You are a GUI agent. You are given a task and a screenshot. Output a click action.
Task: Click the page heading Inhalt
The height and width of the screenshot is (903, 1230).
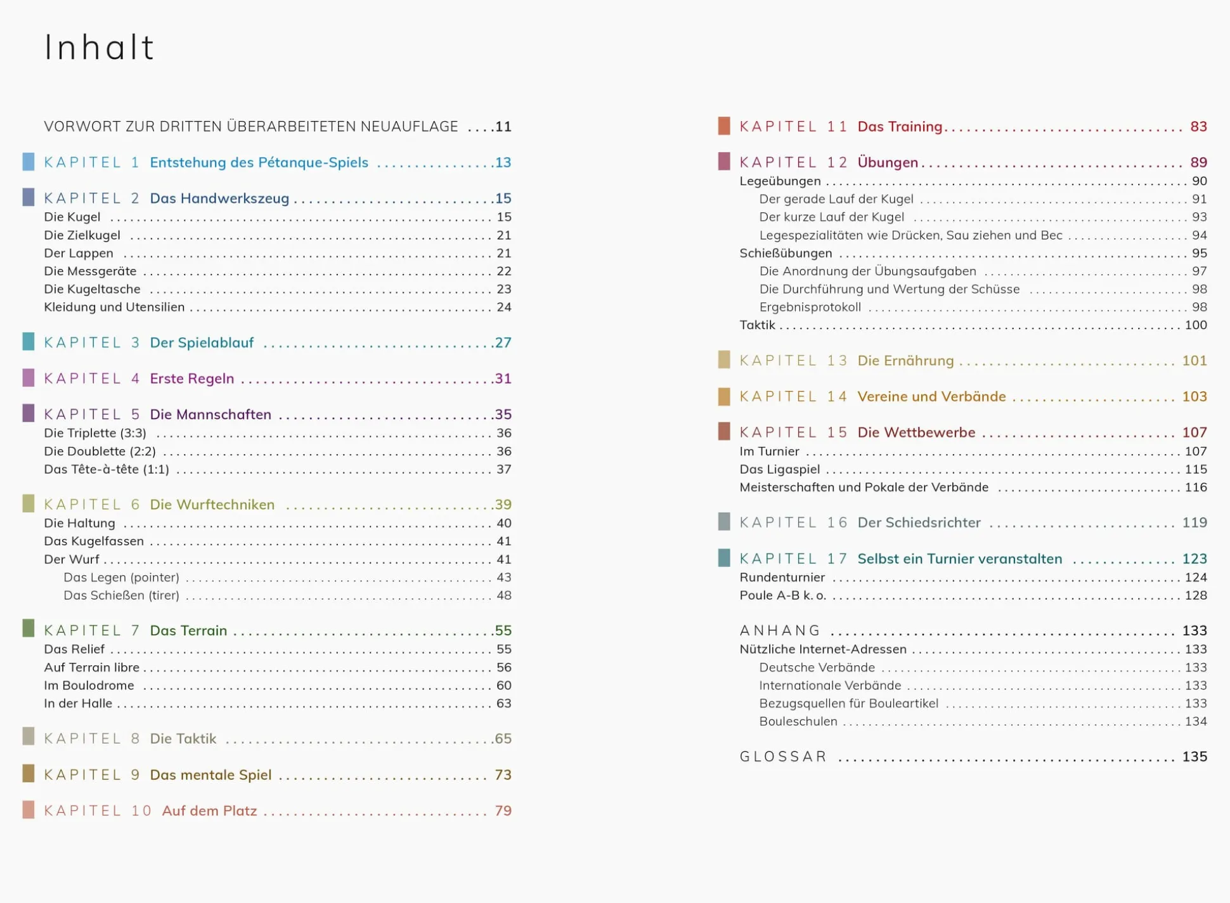click(100, 48)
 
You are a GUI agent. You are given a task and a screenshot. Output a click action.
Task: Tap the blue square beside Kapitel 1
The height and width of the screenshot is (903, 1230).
click(29, 162)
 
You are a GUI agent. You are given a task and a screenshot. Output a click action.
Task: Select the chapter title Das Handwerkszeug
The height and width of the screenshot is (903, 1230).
click(219, 198)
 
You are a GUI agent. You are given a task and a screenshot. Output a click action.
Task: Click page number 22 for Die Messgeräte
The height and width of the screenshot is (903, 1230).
click(503, 271)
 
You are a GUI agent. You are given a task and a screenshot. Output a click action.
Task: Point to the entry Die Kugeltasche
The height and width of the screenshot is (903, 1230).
click(92, 289)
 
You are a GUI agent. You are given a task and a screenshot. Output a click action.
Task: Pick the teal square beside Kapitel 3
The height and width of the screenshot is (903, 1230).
click(29, 342)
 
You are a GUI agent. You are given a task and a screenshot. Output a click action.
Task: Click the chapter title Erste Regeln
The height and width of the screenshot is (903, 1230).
click(192, 379)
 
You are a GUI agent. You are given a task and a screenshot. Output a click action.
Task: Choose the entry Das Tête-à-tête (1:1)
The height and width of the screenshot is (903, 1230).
click(107, 469)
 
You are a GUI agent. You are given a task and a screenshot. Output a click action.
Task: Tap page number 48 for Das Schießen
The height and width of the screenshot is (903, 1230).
click(503, 595)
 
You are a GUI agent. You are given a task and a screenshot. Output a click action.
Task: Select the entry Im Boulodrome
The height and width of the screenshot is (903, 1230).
click(89, 685)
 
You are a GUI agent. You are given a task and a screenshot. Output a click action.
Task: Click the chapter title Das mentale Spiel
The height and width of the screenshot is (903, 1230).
click(210, 775)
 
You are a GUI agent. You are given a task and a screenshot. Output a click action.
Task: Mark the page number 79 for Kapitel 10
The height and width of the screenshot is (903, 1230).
click(503, 811)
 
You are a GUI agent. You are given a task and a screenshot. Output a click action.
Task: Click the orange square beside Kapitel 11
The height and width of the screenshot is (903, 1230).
click(724, 126)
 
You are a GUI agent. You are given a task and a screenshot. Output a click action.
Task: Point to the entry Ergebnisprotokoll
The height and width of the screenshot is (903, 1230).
click(810, 308)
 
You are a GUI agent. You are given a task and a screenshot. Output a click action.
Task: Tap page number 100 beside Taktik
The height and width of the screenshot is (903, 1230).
click(1195, 325)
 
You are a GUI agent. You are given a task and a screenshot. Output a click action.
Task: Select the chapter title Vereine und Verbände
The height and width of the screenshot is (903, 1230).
click(931, 397)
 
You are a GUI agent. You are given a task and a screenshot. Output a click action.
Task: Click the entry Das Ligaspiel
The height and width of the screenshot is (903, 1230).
click(779, 470)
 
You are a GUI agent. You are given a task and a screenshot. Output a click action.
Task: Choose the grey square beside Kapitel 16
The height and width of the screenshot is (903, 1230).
click(724, 522)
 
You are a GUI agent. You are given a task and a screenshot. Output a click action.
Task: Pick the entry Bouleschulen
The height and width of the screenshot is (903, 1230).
click(798, 722)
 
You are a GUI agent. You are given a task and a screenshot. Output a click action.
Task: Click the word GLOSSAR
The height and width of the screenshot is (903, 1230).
click(783, 757)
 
